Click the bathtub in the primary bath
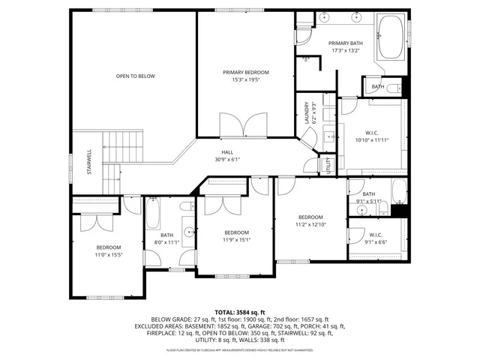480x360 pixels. point(390,37)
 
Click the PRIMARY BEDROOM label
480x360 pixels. point(245,72)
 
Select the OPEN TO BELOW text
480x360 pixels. point(135,76)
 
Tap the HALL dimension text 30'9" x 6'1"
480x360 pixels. point(226,159)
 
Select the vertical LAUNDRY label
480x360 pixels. point(307,112)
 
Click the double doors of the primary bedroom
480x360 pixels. point(243,124)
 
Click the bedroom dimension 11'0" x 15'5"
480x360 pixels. point(108,256)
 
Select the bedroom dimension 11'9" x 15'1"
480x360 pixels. point(236,240)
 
